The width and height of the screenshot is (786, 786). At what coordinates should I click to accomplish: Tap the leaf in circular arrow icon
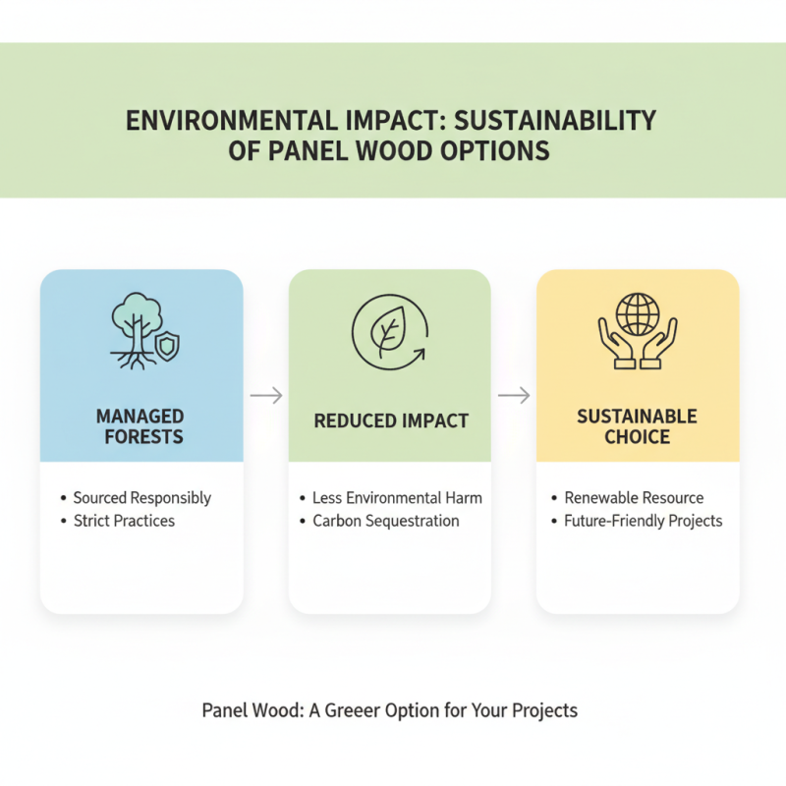tap(390, 334)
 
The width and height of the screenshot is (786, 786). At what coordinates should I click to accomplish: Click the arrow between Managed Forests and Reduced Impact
tap(266, 396)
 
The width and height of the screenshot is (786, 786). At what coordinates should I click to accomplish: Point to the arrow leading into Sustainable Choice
tap(514, 396)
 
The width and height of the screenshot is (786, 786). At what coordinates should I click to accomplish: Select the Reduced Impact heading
tap(391, 421)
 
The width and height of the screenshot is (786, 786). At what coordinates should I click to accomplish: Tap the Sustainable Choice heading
tap(637, 426)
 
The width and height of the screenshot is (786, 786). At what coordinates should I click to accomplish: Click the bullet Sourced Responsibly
tap(142, 498)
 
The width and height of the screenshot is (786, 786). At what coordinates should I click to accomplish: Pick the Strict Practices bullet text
tap(124, 521)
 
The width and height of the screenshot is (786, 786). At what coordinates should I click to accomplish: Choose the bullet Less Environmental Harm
tap(397, 498)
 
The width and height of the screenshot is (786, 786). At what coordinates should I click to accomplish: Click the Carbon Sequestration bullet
tap(386, 521)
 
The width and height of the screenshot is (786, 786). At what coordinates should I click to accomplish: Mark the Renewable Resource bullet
tap(634, 498)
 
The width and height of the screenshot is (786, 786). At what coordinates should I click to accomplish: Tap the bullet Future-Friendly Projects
tap(644, 521)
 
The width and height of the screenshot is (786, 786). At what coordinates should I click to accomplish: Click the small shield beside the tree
tap(168, 346)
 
